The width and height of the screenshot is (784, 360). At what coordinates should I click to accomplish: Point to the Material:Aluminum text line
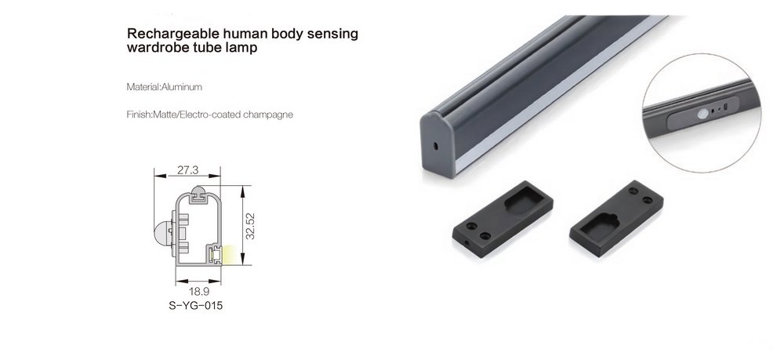pos(165,87)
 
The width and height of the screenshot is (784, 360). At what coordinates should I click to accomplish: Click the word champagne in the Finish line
pos(268,115)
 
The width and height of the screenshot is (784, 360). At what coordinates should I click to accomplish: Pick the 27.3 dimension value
pos(188,170)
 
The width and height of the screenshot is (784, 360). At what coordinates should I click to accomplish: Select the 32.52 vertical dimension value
pos(251,227)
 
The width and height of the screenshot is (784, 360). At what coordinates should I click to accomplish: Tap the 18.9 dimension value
pos(198,291)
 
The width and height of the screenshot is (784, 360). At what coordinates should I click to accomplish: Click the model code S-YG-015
pos(196,306)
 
